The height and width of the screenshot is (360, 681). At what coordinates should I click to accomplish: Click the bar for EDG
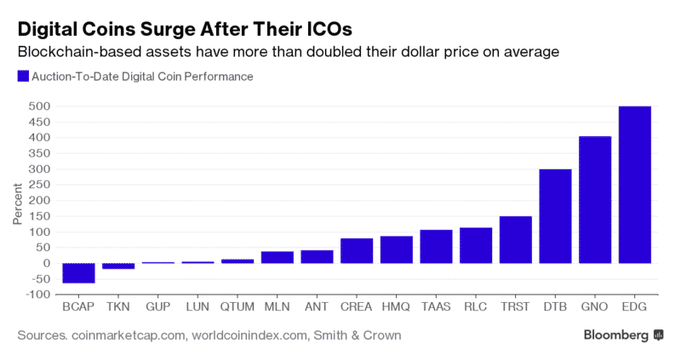coord(635,184)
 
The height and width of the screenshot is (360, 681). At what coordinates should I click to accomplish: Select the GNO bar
coord(595,199)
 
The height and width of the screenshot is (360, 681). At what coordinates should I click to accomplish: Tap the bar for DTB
coord(555,215)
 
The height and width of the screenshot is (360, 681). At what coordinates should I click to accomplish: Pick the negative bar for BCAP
coord(78,272)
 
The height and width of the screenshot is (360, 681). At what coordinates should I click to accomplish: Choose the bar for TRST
coord(515,239)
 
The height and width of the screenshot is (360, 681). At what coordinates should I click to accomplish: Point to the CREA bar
coord(357,250)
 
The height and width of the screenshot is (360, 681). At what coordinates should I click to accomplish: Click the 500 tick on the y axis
coord(39,106)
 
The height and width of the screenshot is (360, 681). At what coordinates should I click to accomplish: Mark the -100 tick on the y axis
coord(37,294)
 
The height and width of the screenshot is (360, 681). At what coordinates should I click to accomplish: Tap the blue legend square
coord(22,76)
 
